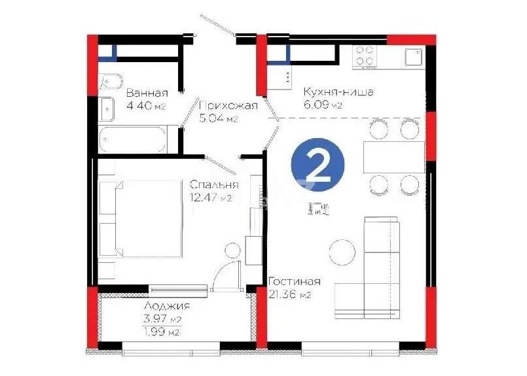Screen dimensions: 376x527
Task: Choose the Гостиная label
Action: click(x=295, y=281)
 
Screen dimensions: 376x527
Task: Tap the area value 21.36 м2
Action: click(x=289, y=295)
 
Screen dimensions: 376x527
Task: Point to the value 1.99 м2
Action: click(x=162, y=332)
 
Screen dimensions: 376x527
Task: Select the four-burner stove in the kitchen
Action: click(x=365, y=57)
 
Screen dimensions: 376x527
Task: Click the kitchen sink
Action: click(x=414, y=58)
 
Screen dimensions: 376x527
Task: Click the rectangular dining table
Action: click(x=394, y=157)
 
